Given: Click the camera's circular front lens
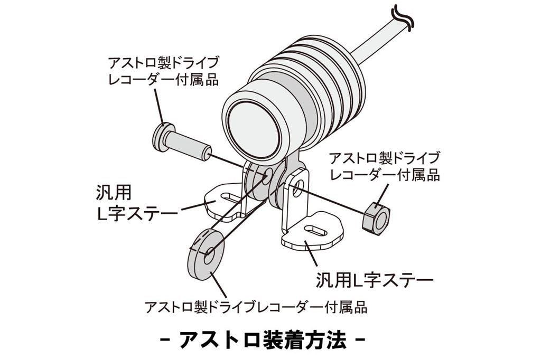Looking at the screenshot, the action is coord(255,131).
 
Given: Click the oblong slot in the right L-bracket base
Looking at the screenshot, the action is coord(315,231).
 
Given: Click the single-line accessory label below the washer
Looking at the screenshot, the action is coord(256,307).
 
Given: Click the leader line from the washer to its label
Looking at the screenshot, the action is coord(219,285).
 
